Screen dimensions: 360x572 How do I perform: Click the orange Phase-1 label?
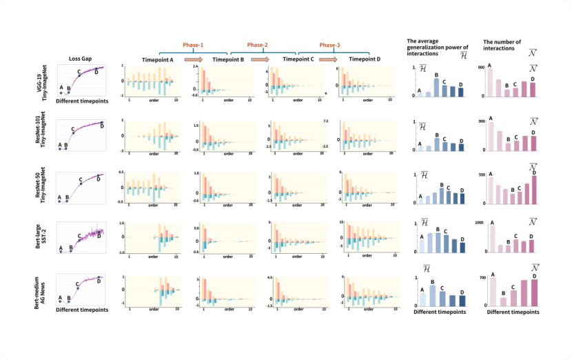[193, 45]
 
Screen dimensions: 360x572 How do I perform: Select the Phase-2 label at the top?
[258, 45]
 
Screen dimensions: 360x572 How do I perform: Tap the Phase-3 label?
[329, 45]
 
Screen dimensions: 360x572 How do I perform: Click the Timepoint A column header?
[157, 59]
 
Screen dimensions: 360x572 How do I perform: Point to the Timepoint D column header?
[365, 59]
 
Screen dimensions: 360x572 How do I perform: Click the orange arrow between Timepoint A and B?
[193, 60]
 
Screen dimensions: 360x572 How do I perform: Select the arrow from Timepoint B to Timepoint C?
[259, 60]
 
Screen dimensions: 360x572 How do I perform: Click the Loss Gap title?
[81, 59]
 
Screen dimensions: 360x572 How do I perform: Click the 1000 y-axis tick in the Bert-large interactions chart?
[480, 223]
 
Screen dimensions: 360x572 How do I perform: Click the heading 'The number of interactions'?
[502, 45]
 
